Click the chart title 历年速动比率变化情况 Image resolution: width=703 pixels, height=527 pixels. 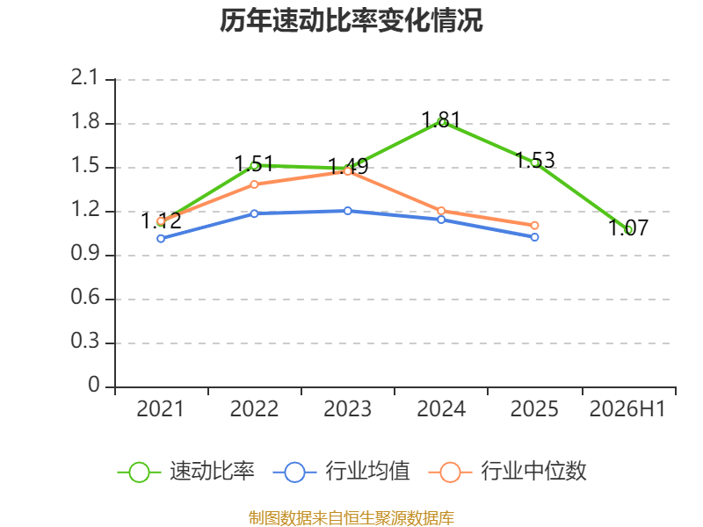pos(351,21)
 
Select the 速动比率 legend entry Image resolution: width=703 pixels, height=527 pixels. pos(186,472)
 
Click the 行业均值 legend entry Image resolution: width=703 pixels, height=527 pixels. pos(341,472)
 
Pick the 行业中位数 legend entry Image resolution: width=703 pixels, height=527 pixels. pos(508,472)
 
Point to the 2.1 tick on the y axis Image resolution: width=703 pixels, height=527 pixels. pos(84,78)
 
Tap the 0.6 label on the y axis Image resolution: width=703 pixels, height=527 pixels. pos(84,297)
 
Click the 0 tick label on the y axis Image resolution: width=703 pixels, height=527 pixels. pos(94,385)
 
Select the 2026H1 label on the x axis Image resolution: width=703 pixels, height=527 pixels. pos(627,408)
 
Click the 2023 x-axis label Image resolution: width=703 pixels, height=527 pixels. pos(347,408)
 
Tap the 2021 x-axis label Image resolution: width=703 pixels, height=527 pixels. pos(161,408)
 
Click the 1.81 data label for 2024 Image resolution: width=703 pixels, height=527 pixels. pos(441,119)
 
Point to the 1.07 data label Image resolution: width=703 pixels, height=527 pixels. pos(628,227)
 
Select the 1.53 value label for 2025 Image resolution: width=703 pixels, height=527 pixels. pos(535,161)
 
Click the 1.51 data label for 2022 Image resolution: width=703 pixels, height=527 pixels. pos(254,163)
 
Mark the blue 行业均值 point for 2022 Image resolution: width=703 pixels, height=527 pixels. pos(254,213)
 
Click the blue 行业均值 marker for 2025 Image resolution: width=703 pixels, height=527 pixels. pos(534,237)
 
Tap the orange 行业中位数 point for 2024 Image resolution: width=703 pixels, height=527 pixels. pos(441,211)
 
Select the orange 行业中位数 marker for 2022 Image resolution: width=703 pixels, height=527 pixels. pos(254,184)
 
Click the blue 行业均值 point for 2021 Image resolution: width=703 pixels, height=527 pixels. pos(161,239)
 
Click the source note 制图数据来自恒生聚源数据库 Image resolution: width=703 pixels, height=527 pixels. pos(351,518)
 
